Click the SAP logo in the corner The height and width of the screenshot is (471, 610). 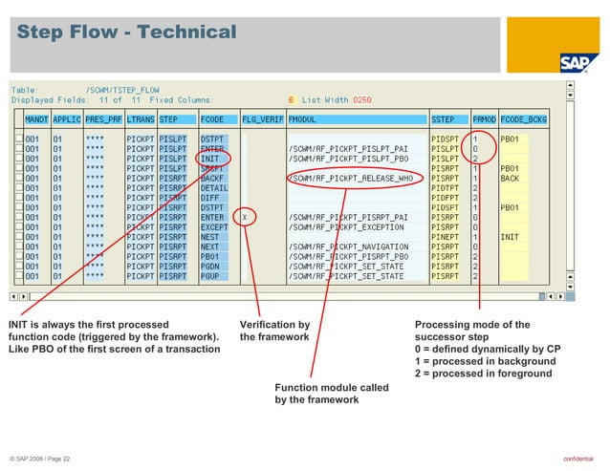[x=578, y=63]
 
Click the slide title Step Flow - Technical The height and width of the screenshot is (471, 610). [x=126, y=32]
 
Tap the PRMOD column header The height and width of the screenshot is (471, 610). [x=484, y=119]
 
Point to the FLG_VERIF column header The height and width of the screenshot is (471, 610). [x=262, y=119]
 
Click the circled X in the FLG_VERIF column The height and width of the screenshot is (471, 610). [x=246, y=217]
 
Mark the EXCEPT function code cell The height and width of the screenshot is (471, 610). [x=214, y=227]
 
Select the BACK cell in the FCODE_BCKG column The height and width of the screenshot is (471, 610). [x=511, y=179]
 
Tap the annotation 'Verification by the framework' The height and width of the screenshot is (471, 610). [x=274, y=331]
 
